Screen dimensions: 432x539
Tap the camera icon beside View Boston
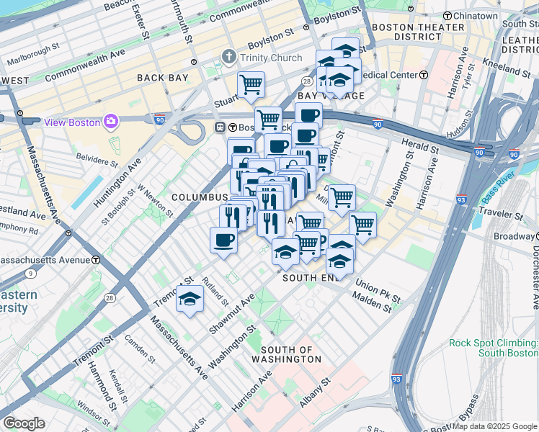[111, 121]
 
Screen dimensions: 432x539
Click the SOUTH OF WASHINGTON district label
[286, 354]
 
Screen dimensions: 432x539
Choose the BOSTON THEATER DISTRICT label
[418, 32]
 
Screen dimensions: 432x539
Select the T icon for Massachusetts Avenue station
[96, 259]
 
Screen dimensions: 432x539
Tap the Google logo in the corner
[24, 423]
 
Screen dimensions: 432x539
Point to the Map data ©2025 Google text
[494, 426]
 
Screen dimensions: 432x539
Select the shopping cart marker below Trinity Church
[251, 84]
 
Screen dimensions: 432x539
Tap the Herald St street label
[418, 146]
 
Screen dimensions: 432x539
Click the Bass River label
[499, 194]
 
